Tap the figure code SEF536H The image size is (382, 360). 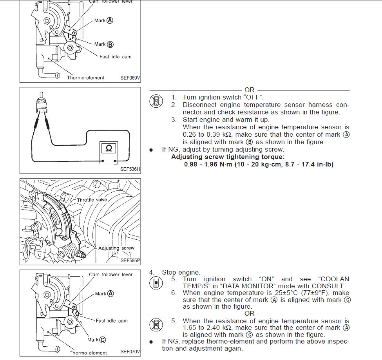pos(130,169)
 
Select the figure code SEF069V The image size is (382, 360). pos(130,78)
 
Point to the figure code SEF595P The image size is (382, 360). pos(130,260)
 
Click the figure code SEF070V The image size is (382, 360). pos(130,352)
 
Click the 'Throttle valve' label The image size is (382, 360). pos(92,200)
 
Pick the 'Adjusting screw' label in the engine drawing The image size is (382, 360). pos(116,248)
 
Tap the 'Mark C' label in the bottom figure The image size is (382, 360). pos(96,340)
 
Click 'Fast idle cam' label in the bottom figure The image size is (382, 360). pos(112,320)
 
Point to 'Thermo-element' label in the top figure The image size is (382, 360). pos(85,78)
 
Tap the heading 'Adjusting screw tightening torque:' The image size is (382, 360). pos(225,157)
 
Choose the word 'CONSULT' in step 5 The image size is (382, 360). pos(330,286)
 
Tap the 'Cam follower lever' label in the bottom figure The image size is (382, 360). pos(111,274)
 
